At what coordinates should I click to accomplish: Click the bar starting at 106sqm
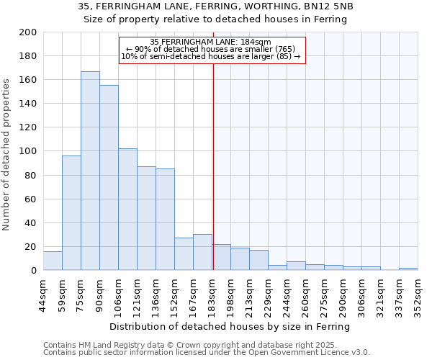pyautogui.click(x=127, y=210)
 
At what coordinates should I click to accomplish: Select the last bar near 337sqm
pyautogui.click(x=408, y=269)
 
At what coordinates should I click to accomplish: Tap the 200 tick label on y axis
pyautogui.click(x=28, y=32)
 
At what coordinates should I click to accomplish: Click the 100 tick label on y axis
pyautogui.click(x=28, y=151)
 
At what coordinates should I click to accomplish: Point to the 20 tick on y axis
pyautogui.click(x=31, y=247)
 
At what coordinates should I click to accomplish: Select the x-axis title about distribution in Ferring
pyautogui.click(x=230, y=326)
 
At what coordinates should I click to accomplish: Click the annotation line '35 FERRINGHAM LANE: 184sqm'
pyautogui.click(x=211, y=42)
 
